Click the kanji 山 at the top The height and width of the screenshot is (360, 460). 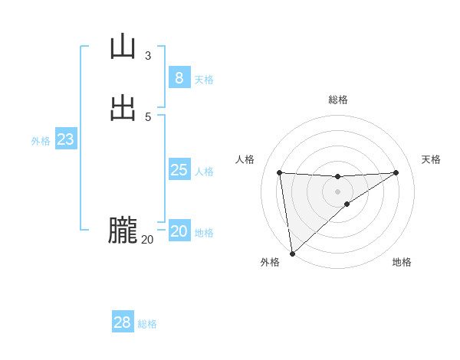[123, 47]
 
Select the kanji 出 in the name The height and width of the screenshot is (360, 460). [123, 109]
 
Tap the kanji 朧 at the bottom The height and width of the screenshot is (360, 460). [123, 231]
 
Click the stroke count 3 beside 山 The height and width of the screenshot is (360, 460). [147, 56]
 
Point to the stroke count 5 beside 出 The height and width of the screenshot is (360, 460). [147, 117]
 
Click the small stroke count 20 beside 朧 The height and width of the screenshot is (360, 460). [147, 240]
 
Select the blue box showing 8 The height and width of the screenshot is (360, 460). [179, 77]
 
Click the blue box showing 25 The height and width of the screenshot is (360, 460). [179, 170]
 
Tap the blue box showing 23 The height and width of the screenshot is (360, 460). [65, 139]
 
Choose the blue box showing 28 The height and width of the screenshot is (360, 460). [122, 322]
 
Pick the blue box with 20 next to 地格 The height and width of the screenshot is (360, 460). [179, 231]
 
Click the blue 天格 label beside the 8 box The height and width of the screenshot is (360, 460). [204, 80]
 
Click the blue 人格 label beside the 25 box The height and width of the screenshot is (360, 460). [205, 172]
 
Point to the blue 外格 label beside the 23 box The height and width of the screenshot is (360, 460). [41, 141]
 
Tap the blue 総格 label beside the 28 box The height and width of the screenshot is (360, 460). [147, 324]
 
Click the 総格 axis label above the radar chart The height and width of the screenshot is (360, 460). [338, 100]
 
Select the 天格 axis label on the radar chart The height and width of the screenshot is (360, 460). [431, 159]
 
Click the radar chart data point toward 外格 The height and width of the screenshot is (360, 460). [292, 254]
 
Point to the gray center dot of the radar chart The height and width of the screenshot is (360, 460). [337, 191]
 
